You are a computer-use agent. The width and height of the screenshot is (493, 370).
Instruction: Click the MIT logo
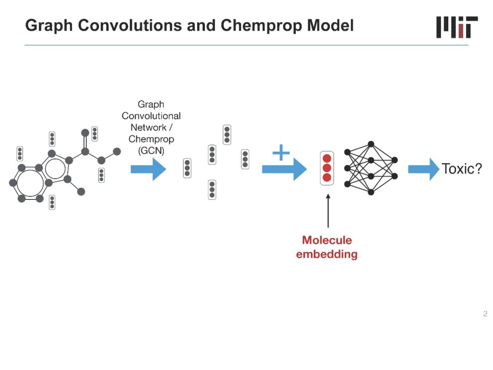click(456, 27)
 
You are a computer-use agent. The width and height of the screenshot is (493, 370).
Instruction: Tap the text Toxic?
click(462, 169)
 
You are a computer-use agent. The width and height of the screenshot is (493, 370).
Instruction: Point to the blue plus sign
click(281, 153)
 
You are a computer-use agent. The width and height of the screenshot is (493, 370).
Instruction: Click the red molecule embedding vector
click(327, 168)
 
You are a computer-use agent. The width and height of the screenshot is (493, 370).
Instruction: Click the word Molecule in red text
click(327, 240)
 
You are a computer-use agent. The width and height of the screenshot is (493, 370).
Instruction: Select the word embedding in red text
click(327, 254)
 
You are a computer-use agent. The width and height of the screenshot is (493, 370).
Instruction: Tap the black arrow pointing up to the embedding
click(328, 211)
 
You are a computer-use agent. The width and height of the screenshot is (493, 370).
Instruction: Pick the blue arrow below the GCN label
click(148, 169)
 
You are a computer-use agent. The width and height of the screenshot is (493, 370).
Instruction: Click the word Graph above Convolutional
click(151, 104)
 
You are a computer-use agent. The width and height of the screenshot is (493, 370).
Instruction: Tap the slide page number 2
click(485, 314)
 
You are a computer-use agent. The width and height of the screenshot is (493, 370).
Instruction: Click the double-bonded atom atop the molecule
click(85, 133)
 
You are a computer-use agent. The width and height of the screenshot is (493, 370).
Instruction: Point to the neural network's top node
click(371, 144)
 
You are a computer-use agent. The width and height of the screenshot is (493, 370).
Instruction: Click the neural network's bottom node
click(371, 192)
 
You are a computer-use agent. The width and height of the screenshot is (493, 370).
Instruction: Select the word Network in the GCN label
click(148, 128)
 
